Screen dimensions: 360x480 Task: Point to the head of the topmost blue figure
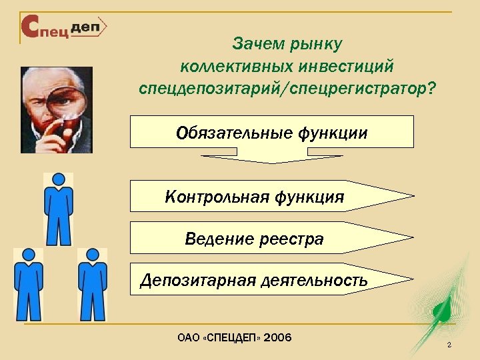[x=59, y=180]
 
